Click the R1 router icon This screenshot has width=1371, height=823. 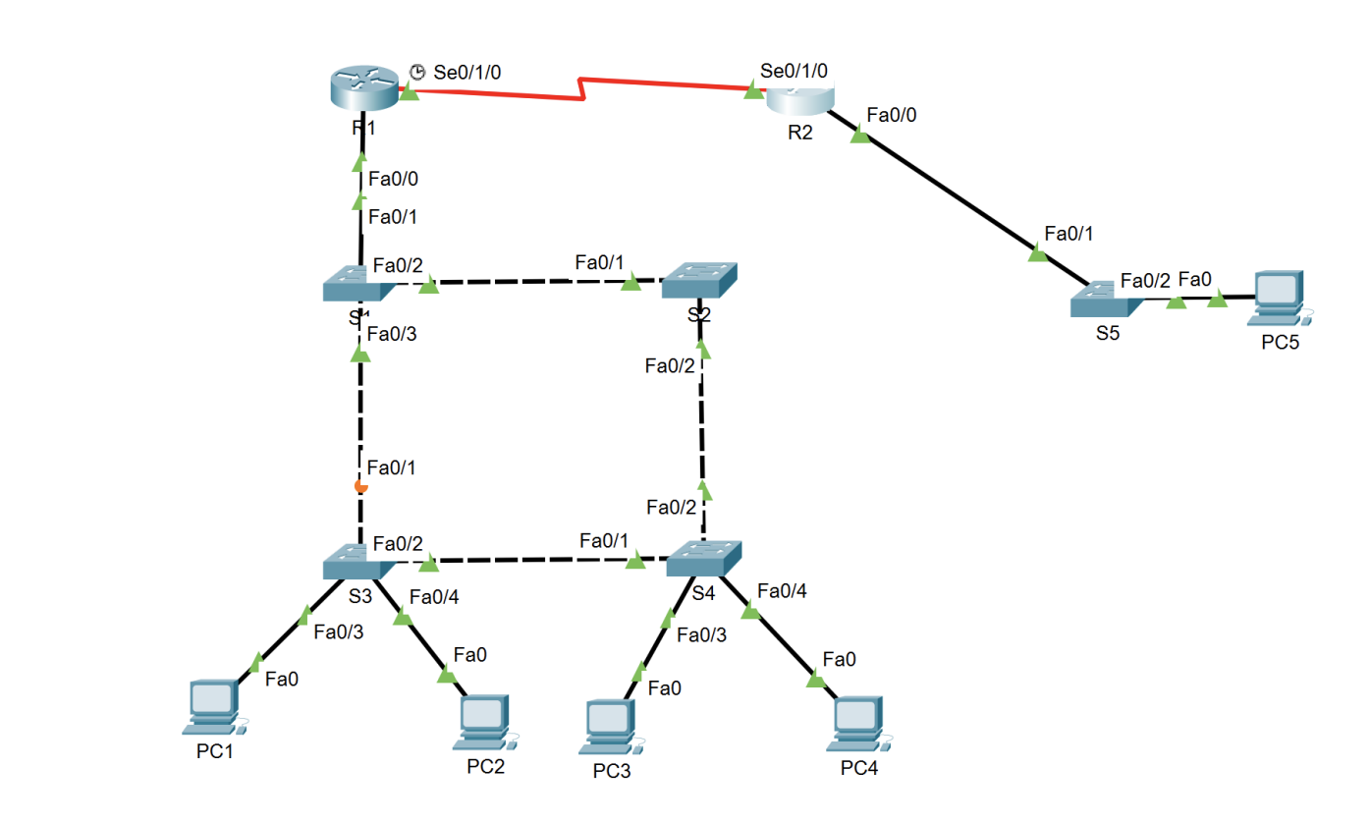click(x=363, y=89)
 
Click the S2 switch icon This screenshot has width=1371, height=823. click(x=699, y=281)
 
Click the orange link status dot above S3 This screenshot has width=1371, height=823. click(x=361, y=485)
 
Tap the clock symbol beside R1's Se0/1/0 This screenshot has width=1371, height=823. click(x=417, y=72)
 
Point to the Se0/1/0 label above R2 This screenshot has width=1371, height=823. click(x=794, y=71)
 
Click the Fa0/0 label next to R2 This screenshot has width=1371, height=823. click(x=892, y=115)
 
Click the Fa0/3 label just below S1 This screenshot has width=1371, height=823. click(x=392, y=334)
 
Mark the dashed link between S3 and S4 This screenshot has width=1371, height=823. click(x=530, y=562)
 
